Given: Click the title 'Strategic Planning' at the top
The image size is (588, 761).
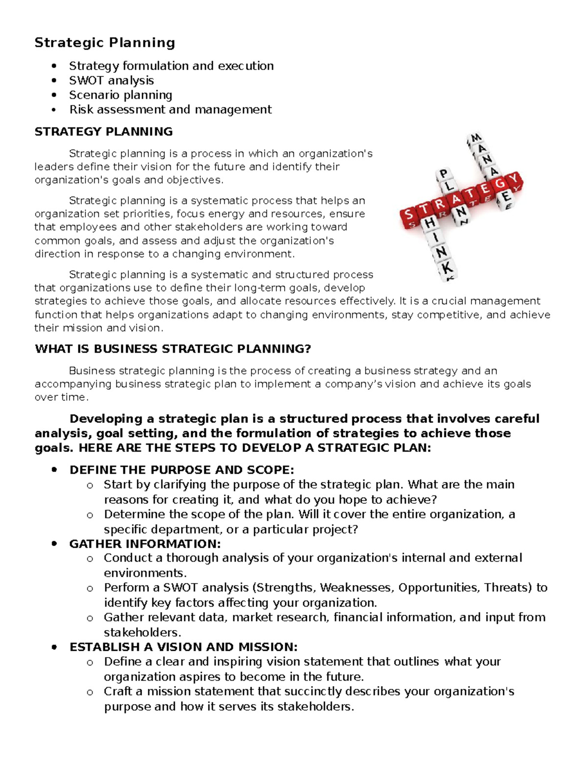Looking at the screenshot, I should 104,43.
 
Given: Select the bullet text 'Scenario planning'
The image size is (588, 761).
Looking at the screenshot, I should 121,95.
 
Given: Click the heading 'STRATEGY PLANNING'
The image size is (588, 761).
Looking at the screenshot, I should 103,132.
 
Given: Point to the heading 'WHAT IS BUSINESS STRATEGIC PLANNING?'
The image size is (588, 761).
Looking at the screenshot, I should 173,349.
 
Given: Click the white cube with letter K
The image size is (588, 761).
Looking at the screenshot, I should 447,269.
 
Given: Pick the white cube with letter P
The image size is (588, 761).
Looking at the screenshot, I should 443,174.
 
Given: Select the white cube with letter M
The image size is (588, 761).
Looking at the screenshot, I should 476,139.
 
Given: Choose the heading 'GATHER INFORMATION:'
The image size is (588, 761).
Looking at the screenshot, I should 145,544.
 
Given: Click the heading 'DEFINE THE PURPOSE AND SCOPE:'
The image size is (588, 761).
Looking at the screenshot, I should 182,470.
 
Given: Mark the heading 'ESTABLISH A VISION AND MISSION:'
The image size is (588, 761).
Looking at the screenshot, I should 184,647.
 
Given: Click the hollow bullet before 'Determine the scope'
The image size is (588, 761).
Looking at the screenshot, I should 90,515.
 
